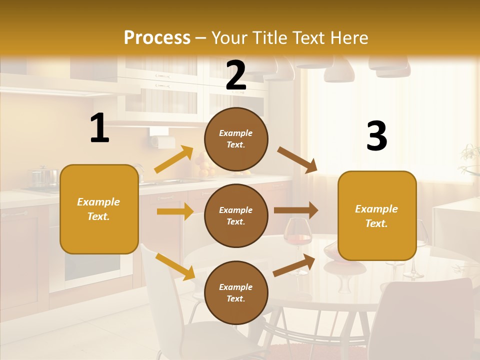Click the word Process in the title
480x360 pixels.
157,37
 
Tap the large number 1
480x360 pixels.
99,128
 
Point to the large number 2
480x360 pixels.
236,75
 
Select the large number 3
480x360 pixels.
376,136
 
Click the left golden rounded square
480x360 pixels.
99,209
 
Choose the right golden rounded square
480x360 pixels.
377,215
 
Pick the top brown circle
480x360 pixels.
236,139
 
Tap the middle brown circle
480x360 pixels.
236,215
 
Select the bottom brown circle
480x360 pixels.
236,292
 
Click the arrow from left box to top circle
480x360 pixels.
173,159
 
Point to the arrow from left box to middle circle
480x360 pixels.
174,211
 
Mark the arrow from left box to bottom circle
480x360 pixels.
175,266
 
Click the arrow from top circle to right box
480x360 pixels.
297,159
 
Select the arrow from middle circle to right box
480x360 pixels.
295,210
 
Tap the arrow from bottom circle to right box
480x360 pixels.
294,265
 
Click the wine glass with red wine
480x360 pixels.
297,235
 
